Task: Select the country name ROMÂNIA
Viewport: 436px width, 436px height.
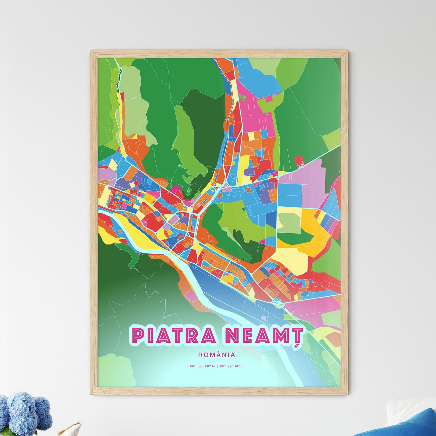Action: click(217, 355)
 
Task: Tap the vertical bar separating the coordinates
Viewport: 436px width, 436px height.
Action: click(217, 366)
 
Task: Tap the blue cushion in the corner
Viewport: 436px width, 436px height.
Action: click(401, 424)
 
